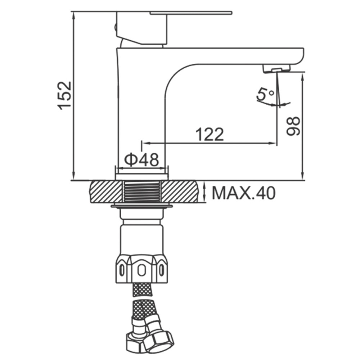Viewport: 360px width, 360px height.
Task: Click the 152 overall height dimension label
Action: (x=65, y=95)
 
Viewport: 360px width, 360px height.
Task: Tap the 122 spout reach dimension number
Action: (x=210, y=134)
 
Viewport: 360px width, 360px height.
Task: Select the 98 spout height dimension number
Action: (x=293, y=126)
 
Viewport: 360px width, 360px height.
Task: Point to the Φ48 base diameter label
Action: (x=141, y=159)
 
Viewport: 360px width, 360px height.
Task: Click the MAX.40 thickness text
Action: (x=244, y=193)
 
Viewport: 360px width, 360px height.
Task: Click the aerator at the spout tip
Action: (x=276, y=69)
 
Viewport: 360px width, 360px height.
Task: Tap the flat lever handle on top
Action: (x=191, y=13)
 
